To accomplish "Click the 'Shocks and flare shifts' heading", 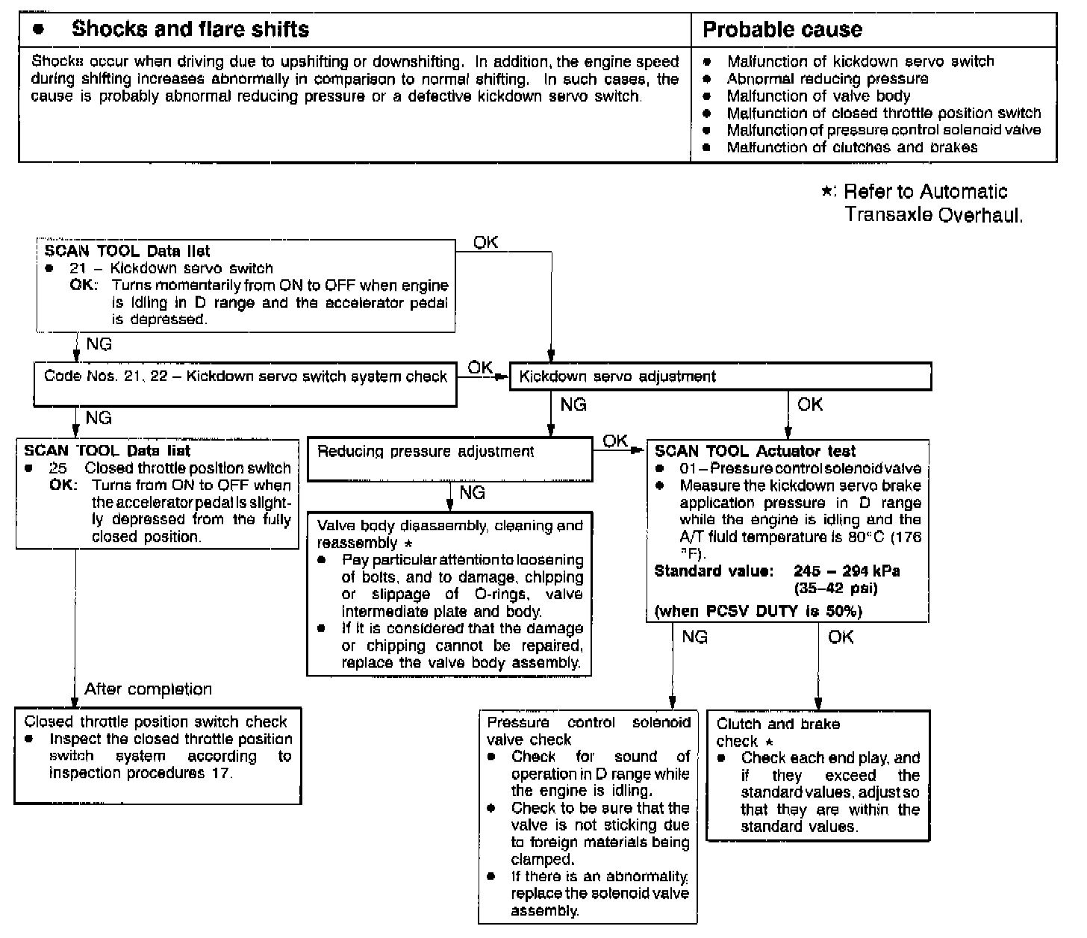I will point(190,30).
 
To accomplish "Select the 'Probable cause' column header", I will point(782,30).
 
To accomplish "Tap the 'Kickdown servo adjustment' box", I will point(617,376).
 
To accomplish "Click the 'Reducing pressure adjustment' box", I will point(426,452).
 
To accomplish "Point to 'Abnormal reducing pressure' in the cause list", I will point(827,78).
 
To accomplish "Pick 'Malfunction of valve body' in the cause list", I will point(818,96).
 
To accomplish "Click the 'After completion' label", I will point(148,689).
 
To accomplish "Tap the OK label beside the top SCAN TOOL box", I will point(486,243).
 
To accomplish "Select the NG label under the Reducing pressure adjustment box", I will point(472,493).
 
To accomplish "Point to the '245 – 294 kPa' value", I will point(847,571).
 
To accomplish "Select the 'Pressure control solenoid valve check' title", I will point(588,731).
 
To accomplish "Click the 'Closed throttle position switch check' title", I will point(155,721).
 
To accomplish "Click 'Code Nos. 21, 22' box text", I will point(245,376).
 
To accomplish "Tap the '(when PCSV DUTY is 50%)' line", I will point(758,612).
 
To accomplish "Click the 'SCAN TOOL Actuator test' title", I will point(755,451).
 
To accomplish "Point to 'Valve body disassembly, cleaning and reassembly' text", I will point(449,533).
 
